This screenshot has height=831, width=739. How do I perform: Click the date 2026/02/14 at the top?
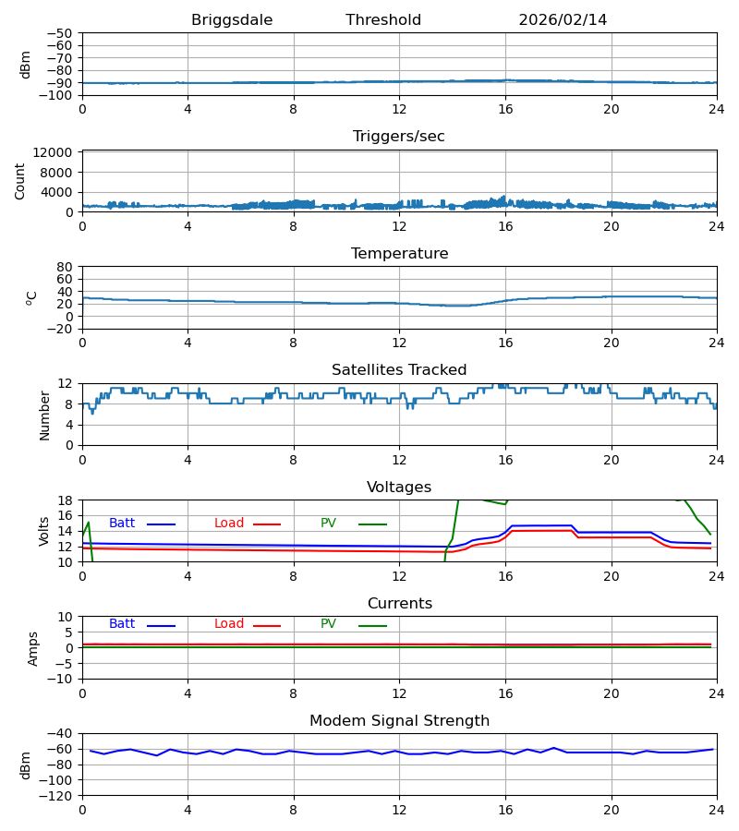pyautogui.click(x=563, y=20)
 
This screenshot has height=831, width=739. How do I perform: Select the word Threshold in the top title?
pyautogui.click(x=383, y=20)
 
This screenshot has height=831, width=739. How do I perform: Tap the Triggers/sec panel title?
pyautogui.click(x=399, y=137)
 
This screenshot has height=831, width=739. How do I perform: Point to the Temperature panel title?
pyautogui.click(x=399, y=254)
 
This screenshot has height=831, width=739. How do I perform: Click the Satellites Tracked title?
pyautogui.click(x=399, y=370)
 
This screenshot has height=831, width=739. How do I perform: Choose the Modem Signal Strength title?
pyautogui.click(x=399, y=721)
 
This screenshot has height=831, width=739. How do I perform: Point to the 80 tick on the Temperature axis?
pyautogui.click(x=65, y=267)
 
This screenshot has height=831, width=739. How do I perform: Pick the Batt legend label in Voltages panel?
pyautogui.click(x=122, y=524)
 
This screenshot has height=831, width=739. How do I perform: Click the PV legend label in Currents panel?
pyautogui.click(x=328, y=624)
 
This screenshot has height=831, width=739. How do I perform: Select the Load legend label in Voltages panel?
pyautogui.click(x=229, y=524)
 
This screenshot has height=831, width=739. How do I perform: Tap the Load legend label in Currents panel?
pyautogui.click(x=229, y=624)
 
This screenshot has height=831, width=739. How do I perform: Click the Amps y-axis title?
pyautogui.click(x=33, y=648)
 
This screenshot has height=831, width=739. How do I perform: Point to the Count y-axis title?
pyautogui.click(x=20, y=181)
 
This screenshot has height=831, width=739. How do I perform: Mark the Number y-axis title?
pyautogui.click(x=44, y=415)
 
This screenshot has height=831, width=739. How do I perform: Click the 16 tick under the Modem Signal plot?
pyautogui.click(x=505, y=811)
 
